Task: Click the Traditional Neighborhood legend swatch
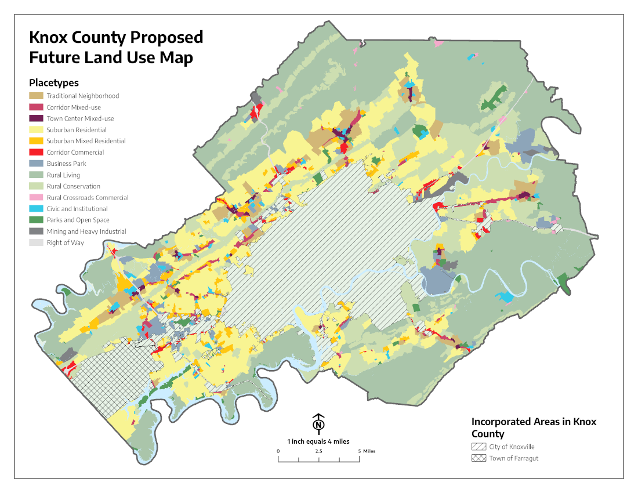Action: [36, 96]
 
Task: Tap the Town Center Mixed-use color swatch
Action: [36, 118]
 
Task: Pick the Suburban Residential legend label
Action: [77, 130]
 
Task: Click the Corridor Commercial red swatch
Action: [36, 153]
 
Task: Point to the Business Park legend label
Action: [67, 164]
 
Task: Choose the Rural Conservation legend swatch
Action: [36, 186]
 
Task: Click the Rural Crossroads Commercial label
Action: [88, 198]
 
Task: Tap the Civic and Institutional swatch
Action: [36, 209]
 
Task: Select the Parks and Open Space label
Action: [78, 220]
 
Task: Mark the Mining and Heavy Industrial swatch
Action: [36, 231]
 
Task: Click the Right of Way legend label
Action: [66, 243]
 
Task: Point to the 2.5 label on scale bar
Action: [319, 451]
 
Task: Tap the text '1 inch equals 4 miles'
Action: [318, 441]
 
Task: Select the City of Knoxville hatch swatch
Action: [478, 447]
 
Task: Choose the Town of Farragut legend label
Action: [514, 458]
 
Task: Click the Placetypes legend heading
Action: [54, 83]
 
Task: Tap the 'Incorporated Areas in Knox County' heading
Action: [534, 427]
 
